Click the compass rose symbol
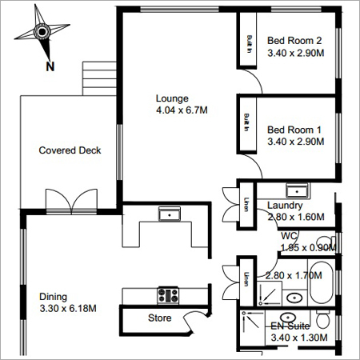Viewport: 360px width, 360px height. pyautogui.click(x=42, y=33)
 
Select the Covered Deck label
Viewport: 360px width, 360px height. pyautogui.click(x=70, y=150)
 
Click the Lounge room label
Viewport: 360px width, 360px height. pyautogui.click(x=171, y=99)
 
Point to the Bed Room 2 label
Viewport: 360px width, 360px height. pyautogui.click(x=294, y=41)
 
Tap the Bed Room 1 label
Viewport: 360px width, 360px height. pyautogui.click(x=294, y=129)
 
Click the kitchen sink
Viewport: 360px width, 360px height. pyautogui.click(x=169, y=214)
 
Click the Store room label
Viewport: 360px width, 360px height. pyautogui.click(x=160, y=318)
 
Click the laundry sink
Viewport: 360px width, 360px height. pyautogui.click(x=298, y=190)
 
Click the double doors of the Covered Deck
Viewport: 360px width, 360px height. pyautogui.click(x=70, y=201)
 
